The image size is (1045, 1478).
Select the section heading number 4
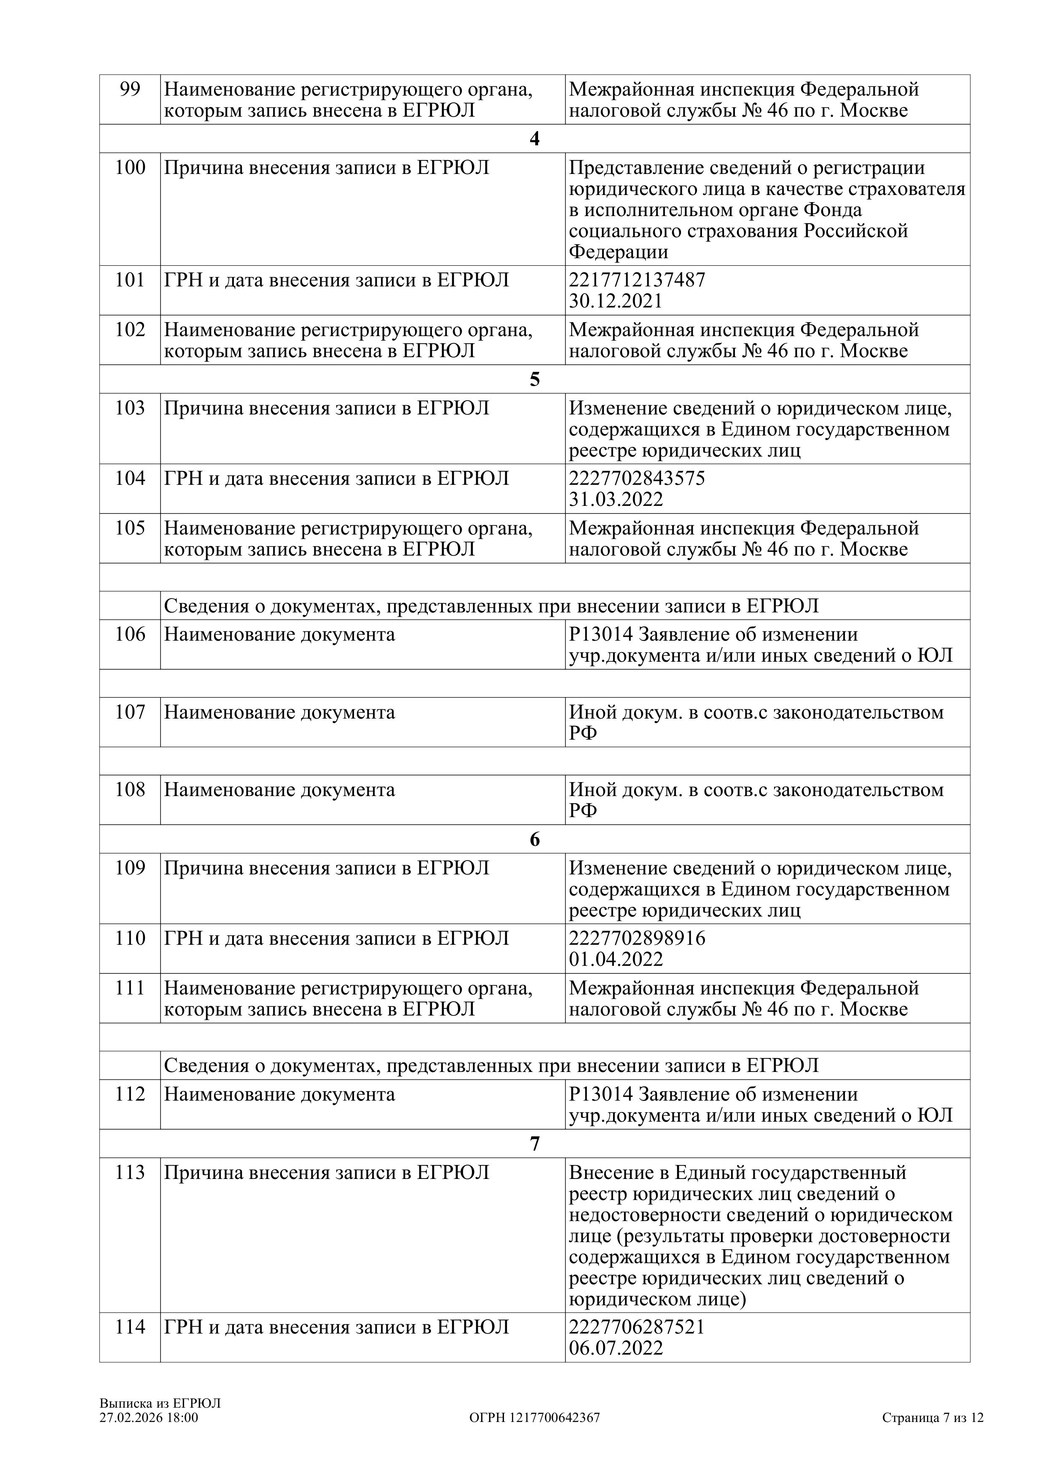(x=534, y=139)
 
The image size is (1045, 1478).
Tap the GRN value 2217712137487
(x=637, y=280)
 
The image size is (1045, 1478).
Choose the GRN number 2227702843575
(x=637, y=478)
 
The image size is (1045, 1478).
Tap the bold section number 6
(x=534, y=839)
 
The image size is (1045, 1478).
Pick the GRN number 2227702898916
(x=637, y=938)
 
